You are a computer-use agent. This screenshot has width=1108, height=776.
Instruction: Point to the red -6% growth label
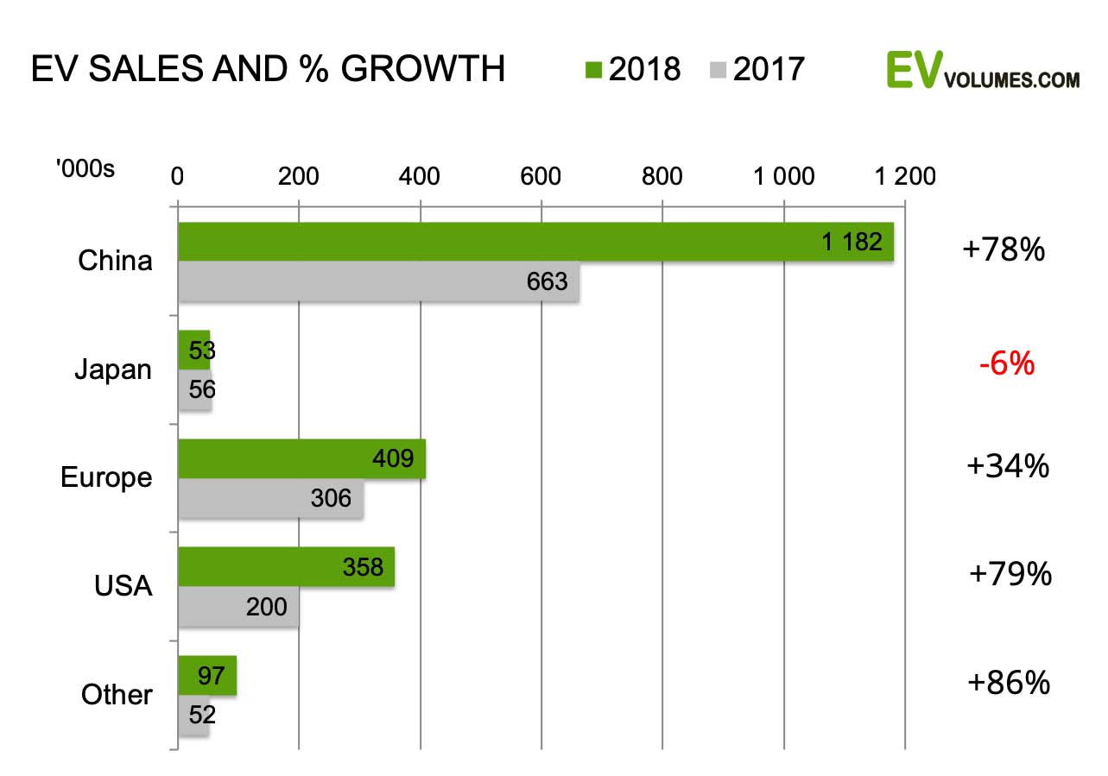coord(1006,364)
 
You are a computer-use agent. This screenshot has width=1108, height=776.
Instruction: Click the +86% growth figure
coord(1009,683)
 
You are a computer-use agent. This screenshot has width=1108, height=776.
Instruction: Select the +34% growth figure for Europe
coord(1008,467)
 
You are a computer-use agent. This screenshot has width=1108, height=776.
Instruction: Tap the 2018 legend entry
coord(633,69)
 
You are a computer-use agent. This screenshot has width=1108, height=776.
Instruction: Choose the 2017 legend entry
coord(757,69)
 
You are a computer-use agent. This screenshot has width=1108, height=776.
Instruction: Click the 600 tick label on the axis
coord(541,176)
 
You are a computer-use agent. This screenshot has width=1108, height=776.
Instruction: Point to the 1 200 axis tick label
coord(904,176)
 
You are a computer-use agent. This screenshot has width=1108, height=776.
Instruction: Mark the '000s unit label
coord(85,169)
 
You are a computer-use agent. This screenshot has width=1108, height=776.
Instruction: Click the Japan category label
coord(112,369)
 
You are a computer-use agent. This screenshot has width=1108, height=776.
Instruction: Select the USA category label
coord(123,587)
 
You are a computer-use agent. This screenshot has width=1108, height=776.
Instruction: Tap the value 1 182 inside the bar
coord(852,243)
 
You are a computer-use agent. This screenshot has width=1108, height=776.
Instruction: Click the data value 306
coord(331,499)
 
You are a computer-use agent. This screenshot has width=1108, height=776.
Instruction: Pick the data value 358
coord(363,566)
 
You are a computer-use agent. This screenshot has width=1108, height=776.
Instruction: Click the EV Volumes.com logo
coord(983,71)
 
